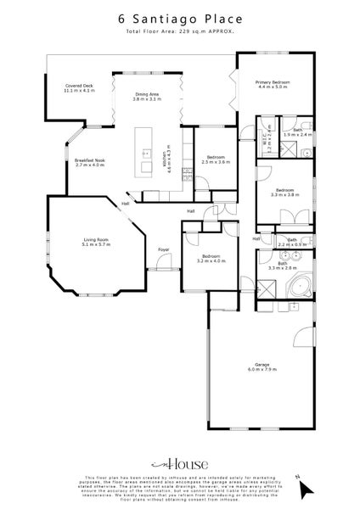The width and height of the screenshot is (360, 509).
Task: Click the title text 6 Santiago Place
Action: pyautogui.click(x=180, y=18)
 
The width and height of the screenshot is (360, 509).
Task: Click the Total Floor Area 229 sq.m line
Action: pyautogui.click(x=180, y=31)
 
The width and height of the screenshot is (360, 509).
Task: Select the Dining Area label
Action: pyautogui.click(x=148, y=95)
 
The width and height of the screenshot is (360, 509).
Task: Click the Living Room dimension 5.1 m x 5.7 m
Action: pyautogui.click(x=96, y=244)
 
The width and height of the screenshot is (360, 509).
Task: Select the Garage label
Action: pyautogui.click(x=262, y=364)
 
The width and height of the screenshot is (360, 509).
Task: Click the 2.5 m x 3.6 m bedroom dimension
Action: pyautogui.click(x=217, y=161)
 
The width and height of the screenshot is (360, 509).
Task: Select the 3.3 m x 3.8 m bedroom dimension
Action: pyautogui.click(x=284, y=194)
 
